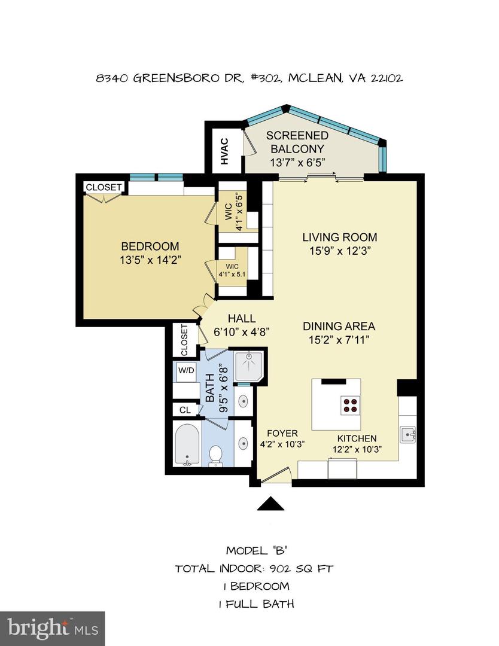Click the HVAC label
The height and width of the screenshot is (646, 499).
[224, 152]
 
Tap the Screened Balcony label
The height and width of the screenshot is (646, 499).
[297, 142]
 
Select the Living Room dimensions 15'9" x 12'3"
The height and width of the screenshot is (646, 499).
[339, 251]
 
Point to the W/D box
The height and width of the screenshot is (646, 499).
[185, 370]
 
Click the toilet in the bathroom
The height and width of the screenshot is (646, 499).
[215, 455]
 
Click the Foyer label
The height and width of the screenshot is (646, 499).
[282, 433]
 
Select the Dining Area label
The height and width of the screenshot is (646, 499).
[339, 326]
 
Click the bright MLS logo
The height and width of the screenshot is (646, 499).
[52, 628]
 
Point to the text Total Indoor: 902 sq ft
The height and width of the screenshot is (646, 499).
[254, 568]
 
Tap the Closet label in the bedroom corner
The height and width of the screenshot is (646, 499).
[104, 187]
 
